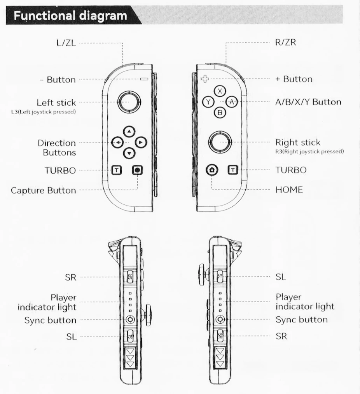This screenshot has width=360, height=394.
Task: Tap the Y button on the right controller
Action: [209, 102]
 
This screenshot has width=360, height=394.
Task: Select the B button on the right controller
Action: [220, 113]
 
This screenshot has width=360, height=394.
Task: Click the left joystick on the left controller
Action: [128, 103]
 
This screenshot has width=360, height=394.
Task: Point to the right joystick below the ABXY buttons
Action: [220, 142]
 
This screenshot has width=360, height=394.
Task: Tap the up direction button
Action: [129, 132]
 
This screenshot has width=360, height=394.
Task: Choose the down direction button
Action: [129, 153]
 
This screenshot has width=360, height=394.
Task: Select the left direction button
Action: [117, 143]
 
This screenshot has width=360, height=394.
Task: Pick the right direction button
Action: [140, 143]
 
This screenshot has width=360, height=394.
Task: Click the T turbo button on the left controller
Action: [117, 170]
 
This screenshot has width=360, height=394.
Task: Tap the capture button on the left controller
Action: [137, 170]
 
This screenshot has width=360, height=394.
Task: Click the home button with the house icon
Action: [212, 170]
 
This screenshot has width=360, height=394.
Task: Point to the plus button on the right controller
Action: [204, 79]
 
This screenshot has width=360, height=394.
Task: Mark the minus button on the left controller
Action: [144, 79]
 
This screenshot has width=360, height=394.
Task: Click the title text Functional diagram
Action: [70, 16]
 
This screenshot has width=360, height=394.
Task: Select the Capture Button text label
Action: [43, 190]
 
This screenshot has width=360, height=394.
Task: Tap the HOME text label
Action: [289, 190]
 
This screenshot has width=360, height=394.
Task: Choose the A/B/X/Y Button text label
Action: [308, 102]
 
